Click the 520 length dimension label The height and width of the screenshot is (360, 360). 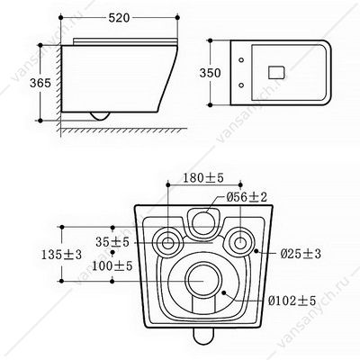[119, 18]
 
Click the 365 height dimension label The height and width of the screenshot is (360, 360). [40, 83]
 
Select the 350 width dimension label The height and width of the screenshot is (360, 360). [211, 73]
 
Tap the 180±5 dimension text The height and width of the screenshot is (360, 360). [203, 178]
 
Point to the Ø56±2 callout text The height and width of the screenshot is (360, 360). [247, 197]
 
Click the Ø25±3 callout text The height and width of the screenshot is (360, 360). [301, 254]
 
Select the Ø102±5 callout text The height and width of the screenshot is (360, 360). [292, 301]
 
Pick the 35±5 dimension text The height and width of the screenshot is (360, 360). [112, 242]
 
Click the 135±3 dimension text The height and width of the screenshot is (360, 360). [61, 255]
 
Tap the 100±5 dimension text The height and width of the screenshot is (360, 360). [112, 265]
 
